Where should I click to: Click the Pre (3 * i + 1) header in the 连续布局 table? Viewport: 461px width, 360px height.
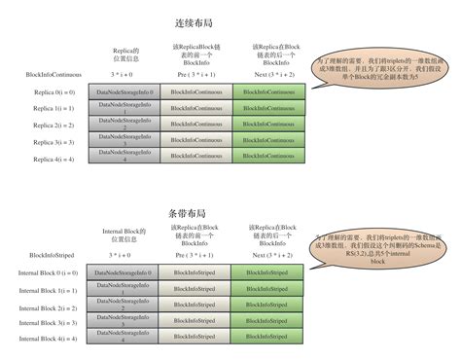coord(195,74)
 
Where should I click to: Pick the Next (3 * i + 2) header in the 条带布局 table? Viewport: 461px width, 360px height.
coord(267,256)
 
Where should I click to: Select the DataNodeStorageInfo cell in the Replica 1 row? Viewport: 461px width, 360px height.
coord(123,109)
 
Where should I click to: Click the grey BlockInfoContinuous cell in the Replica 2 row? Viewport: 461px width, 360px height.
coord(195,125)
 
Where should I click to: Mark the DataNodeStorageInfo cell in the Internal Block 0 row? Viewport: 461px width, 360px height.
coord(123,274)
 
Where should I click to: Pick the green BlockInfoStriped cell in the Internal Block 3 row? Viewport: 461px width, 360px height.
coord(267,323)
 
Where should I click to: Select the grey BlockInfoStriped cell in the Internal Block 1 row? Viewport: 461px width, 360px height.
coord(195,291)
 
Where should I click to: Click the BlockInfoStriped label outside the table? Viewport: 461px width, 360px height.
coord(43,256)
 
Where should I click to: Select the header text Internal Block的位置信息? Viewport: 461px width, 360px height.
coord(124,234)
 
